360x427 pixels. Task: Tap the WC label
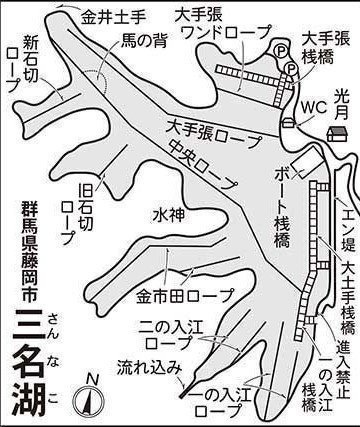[313, 107]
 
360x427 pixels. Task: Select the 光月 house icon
[338, 134]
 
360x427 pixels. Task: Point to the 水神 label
[169, 216]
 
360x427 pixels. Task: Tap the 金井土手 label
[113, 17]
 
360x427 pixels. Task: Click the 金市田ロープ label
[185, 296]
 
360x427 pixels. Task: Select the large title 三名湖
[28, 363]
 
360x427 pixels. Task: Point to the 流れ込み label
[149, 368]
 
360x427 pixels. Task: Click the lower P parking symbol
[291, 69]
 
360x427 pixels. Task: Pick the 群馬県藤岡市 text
[30, 251]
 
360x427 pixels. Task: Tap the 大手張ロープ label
[214, 134]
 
